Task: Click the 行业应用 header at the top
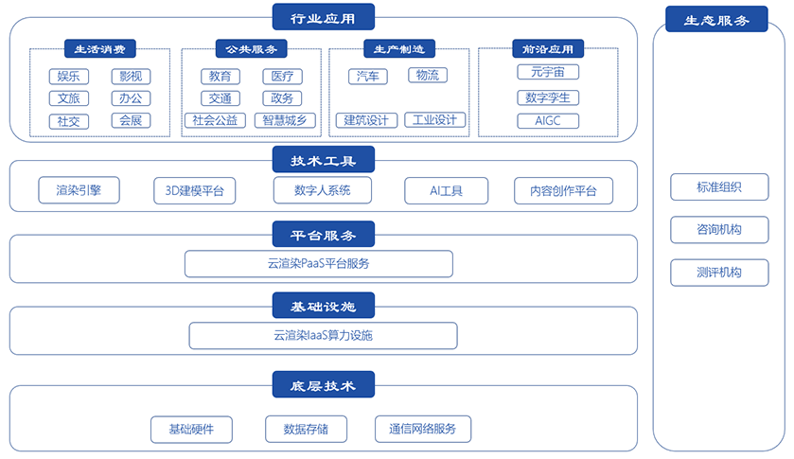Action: (323, 17)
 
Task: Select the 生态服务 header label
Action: (716, 19)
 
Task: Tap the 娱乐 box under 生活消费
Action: (69, 77)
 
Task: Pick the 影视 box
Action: (132, 77)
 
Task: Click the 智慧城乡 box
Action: (285, 120)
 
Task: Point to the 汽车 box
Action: (368, 77)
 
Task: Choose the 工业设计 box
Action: (435, 120)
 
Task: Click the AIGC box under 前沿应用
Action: (548, 121)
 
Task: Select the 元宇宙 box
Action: (548, 72)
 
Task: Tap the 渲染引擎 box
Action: (79, 190)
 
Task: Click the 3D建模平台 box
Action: (194, 190)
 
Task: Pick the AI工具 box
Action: (446, 190)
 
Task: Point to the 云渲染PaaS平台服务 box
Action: (319, 263)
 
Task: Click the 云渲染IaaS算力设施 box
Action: (323, 335)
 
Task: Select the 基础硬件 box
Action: (191, 429)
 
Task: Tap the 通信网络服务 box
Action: (423, 429)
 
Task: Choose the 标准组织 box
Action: (719, 187)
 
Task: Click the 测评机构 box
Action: (719, 273)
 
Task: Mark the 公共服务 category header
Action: (252, 48)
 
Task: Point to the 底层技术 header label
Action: (323, 384)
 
